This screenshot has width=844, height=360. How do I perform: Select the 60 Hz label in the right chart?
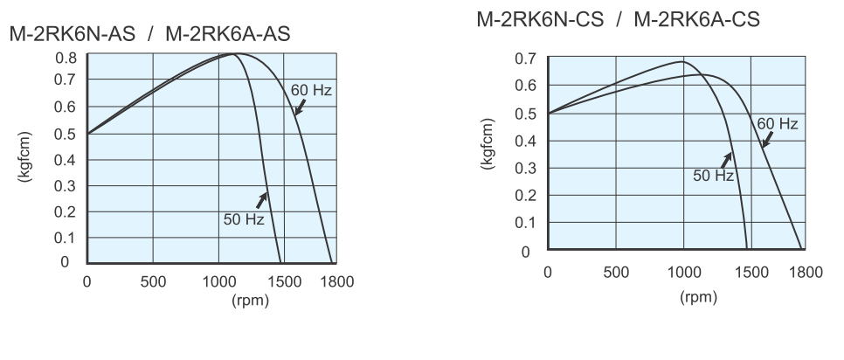[x=777, y=125]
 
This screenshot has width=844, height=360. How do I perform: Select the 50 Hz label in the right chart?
[x=713, y=176]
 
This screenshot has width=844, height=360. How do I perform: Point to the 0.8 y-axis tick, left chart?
[x=66, y=58]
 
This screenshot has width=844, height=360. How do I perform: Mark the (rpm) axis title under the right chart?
[x=699, y=297]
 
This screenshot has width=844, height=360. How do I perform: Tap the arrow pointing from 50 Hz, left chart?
[x=260, y=199]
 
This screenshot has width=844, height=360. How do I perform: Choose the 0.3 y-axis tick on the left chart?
[x=66, y=186]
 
